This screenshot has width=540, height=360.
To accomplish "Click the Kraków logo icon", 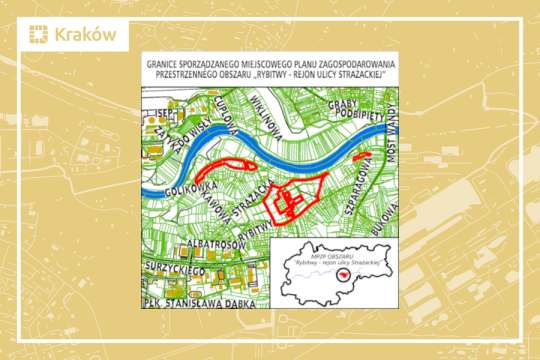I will (x=37, y=36).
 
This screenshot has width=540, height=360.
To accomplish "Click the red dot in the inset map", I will (x=342, y=271).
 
